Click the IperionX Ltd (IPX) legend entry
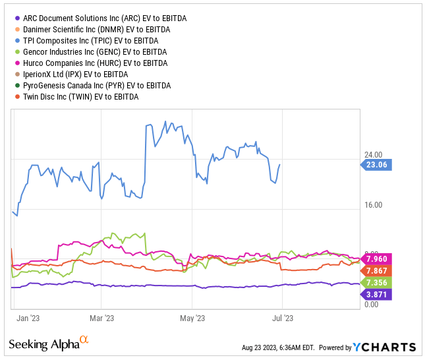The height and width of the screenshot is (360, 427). [x=82, y=75]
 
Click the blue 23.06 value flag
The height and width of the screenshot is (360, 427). [x=376, y=165]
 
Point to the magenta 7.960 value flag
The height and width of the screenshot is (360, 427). [x=377, y=259]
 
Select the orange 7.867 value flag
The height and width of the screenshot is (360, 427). [x=377, y=270]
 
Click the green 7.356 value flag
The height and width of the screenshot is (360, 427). [x=377, y=282]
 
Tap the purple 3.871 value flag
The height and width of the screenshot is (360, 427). [x=377, y=294]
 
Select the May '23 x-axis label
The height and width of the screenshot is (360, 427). [x=192, y=318]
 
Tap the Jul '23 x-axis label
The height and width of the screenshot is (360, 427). [x=282, y=318]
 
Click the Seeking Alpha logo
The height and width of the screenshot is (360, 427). [x=48, y=344]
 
